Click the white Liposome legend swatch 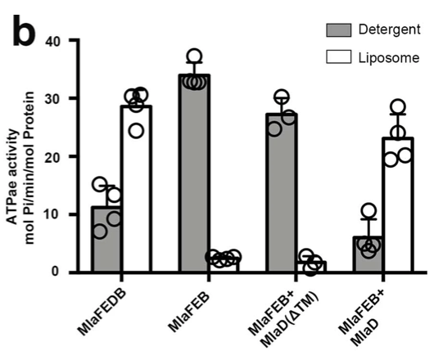(337, 56)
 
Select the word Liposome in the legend (385, 56)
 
